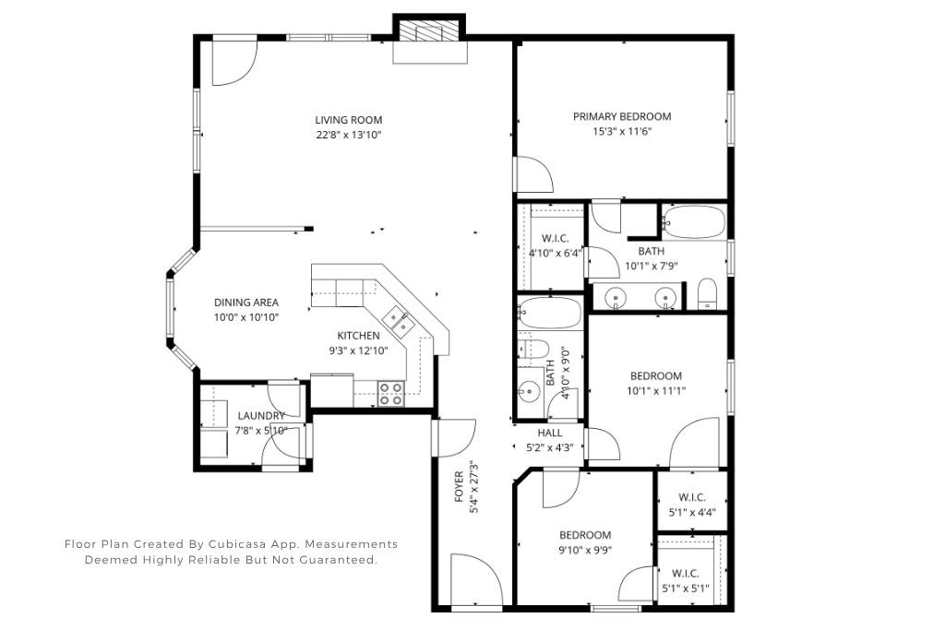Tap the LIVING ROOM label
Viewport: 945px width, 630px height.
(348, 120)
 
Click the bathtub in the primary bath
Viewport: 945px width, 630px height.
(694, 222)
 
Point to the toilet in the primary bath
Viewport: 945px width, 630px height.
(707, 294)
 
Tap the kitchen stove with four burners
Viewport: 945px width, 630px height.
(391, 394)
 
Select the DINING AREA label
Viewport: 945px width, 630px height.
(246, 303)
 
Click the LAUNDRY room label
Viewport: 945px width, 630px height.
(261, 416)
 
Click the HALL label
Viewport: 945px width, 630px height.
(549, 432)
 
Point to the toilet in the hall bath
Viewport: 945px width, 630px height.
(533, 349)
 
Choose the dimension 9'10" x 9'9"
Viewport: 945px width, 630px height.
(585, 550)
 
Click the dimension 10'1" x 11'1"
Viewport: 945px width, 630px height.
(655, 390)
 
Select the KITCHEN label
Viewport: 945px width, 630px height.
(358, 336)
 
